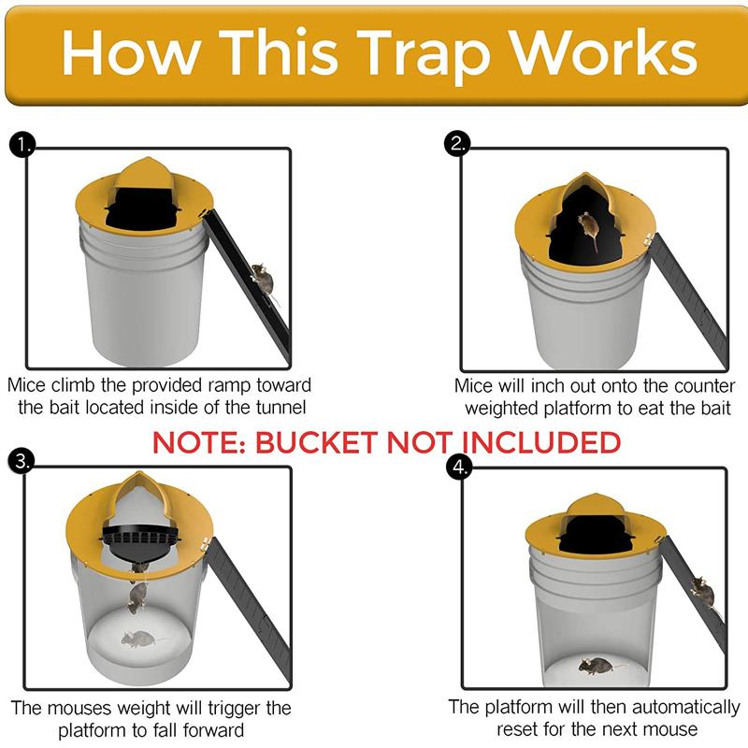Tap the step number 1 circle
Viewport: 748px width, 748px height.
point(21,145)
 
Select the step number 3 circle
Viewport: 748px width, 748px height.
point(21,460)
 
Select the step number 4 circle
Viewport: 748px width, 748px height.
point(458,467)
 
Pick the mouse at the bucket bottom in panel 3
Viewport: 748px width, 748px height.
point(138,640)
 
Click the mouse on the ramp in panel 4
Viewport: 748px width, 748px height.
point(701,591)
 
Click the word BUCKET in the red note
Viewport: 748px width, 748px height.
point(313,442)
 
